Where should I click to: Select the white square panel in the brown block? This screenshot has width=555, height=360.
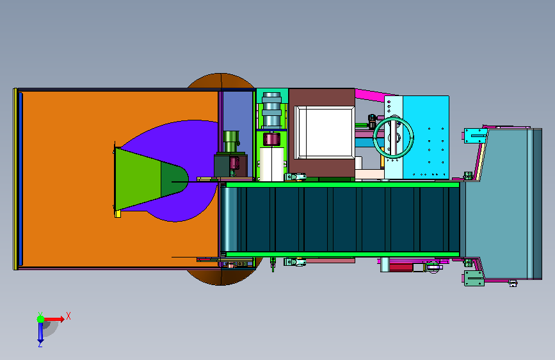tap(324, 133)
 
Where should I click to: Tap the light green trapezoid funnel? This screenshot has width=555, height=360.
tap(138, 179)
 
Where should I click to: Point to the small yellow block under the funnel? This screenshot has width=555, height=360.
tap(118, 214)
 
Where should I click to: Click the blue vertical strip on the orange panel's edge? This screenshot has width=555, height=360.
tap(20, 179)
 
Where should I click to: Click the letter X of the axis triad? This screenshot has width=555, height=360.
tap(68, 316)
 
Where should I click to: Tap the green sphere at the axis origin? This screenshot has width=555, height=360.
tap(41, 319)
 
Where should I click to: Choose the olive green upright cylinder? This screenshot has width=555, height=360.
tap(231, 142)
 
